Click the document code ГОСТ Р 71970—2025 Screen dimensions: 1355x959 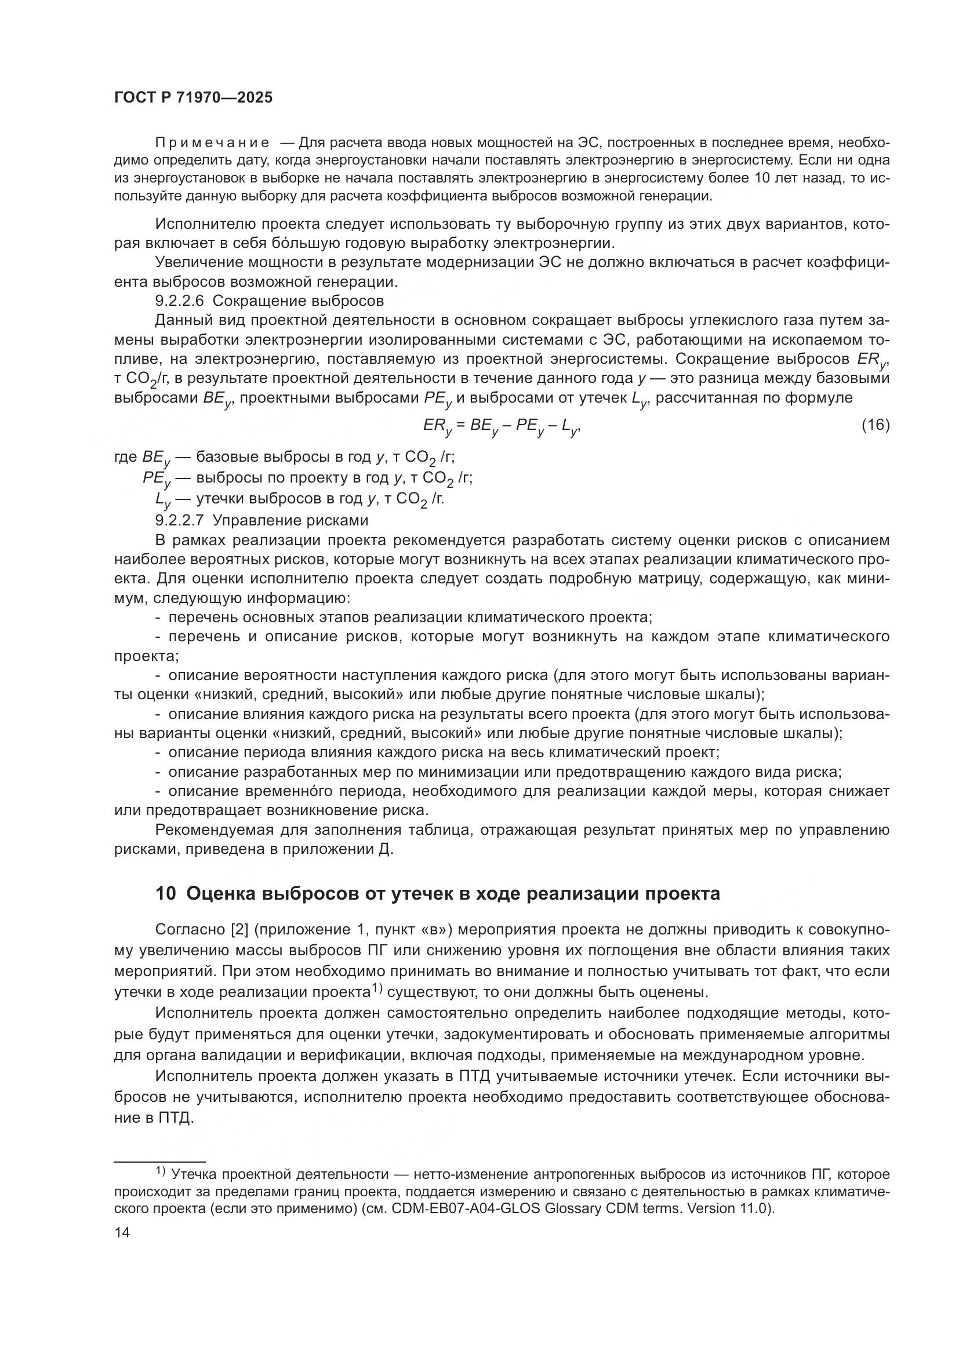(193, 98)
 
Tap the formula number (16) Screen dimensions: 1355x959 (875, 425)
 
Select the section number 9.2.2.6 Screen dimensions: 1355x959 (180, 301)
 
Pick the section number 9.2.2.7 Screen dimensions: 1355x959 (180, 521)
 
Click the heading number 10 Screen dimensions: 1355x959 (165, 893)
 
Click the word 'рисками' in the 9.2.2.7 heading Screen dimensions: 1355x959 (343, 521)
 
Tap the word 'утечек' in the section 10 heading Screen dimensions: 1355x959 (420, 893)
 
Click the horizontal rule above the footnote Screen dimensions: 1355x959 (159, 1160)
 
